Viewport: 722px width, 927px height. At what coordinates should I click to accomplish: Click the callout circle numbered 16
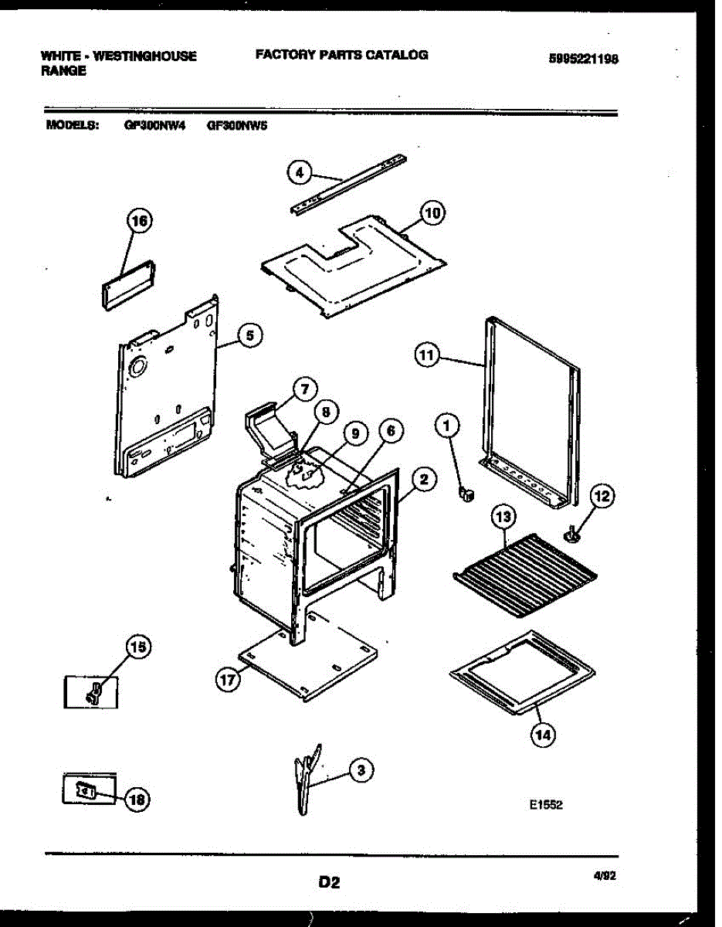point(140,222)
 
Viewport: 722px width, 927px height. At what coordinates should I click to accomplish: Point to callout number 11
point(425,355)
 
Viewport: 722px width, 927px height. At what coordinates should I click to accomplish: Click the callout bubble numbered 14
point(542,735)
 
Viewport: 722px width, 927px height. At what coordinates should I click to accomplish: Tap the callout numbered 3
point(360,769)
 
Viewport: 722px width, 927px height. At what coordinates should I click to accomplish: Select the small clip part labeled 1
point(466,493)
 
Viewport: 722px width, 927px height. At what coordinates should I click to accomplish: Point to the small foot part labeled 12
point(573,532)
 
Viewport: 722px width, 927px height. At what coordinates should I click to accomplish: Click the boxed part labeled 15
point(91,691)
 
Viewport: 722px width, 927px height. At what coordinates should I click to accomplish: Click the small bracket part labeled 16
point(128,284)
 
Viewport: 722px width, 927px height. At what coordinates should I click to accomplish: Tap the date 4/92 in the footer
point(605,877)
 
